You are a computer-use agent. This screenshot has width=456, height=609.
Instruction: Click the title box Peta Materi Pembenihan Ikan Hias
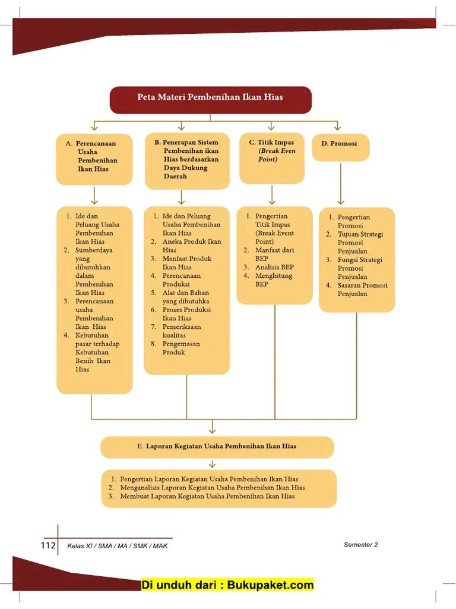pyautogui.click(x=210, y=99)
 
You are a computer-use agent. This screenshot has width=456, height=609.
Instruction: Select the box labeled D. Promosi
pyautogui.click(x=340, y=147)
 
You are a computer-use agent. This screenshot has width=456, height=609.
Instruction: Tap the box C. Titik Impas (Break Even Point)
pyautogui.click(x=272, y=158)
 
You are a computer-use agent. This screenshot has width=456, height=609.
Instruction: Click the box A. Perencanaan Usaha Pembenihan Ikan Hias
pyautogui.click(x=94, y=159)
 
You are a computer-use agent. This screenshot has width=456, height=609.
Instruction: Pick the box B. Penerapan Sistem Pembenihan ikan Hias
pyautogui.click(x=187, y=161)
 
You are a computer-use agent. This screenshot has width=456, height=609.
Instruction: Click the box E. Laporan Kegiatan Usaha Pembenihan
pyautogui.click(x=217, y=447)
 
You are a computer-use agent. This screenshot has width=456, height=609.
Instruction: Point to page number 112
pyautogui.click(x=47, y=546)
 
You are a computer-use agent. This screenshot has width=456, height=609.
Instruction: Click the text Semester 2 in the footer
pyautogui.click(x=360, y=545)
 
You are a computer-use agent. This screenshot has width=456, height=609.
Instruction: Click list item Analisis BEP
pyautogui.click(x=274, y=268)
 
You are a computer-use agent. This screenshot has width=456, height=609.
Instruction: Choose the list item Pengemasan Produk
pyautogui.click(x=181, y=348)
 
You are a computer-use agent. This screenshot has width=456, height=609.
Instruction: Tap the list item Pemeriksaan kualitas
pyautogui.click(x=181, y=331)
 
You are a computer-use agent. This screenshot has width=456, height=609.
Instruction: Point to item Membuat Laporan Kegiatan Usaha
pyautogui.click(x=207, y=496)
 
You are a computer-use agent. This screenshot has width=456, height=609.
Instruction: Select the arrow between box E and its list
pyautogui.click(x=213, y=464)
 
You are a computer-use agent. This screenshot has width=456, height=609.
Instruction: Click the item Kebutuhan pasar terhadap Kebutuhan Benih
pyautogui.click(x=97, y=353)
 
